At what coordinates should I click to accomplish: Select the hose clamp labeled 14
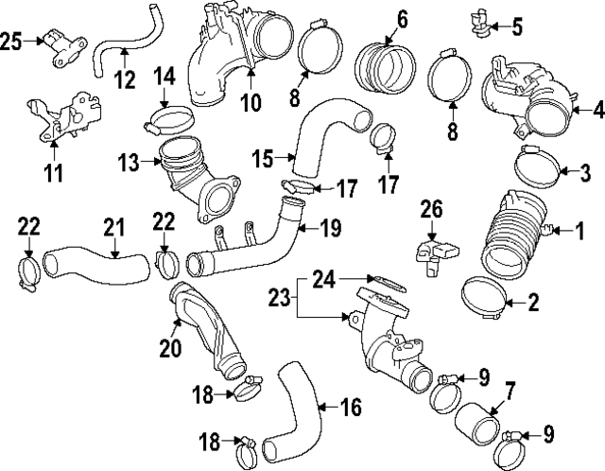(x=166, y=120)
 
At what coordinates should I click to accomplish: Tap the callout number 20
(x=170, y=348)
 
